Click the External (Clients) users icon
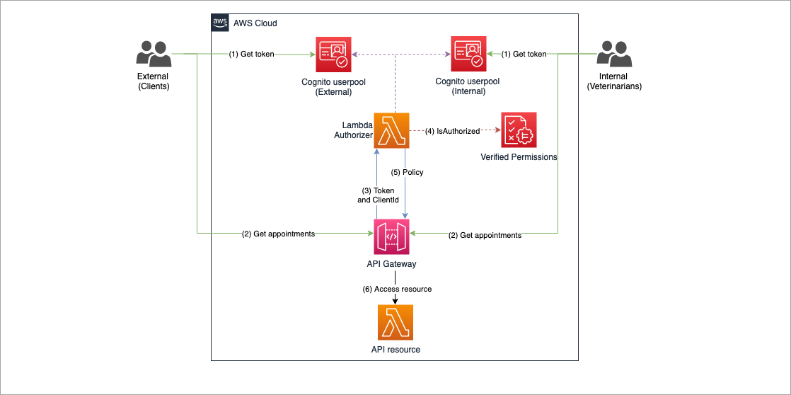point(153,55)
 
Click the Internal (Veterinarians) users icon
point(613,55)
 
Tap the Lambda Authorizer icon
point(394,130)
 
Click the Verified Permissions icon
point(519,130)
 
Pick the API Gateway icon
point(394,235)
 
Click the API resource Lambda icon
point(394,323)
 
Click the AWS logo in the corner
point(220,23)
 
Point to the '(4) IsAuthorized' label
point(453,131)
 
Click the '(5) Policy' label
point(407,173)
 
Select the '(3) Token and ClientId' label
point(378,195)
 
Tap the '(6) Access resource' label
point(396,289)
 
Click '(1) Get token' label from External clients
point(251,55)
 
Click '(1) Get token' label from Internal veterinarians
point(524,55)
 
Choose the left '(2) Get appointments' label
point(278,234)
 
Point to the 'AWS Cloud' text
point(255,23)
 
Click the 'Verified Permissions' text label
point(519,156)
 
